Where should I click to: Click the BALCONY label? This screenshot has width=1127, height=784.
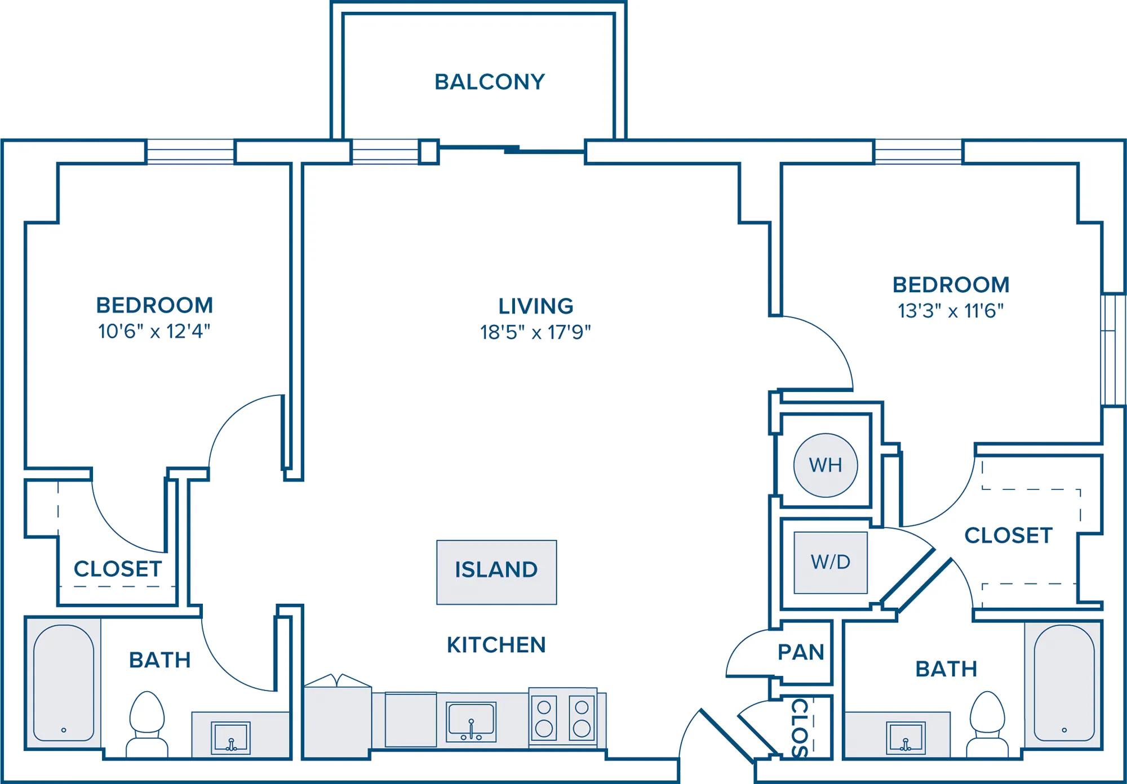tap(490, 82)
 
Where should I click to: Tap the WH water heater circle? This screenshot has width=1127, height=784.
tap(826, 465)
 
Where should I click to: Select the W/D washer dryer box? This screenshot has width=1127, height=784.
tap(831, 562)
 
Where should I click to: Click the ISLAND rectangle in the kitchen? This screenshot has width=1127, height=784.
tap(496, 572)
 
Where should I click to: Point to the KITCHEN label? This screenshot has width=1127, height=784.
tap(496, 645)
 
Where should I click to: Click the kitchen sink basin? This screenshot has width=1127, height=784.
tap(471, 721)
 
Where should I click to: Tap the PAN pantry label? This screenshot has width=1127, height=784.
tap(801, 652)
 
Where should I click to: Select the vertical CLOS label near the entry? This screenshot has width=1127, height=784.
tap(800, 728)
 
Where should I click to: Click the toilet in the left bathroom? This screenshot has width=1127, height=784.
tap(147, 724)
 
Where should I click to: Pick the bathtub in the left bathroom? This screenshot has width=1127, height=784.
tap(63, 683)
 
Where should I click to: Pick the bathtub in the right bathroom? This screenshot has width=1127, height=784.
tap(1063, 683)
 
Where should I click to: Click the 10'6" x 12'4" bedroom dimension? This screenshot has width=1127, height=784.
tap(154, 331)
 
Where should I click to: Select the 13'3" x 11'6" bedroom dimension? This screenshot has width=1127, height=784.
tap(951, 311)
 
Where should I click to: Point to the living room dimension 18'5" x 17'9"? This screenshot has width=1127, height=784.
tap(535, 332)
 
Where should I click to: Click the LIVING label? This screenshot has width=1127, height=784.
tap(536, 306)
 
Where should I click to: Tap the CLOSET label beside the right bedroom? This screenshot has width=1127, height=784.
tap(1009, 536)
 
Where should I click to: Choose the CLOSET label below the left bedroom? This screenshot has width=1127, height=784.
tap(118, 569)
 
